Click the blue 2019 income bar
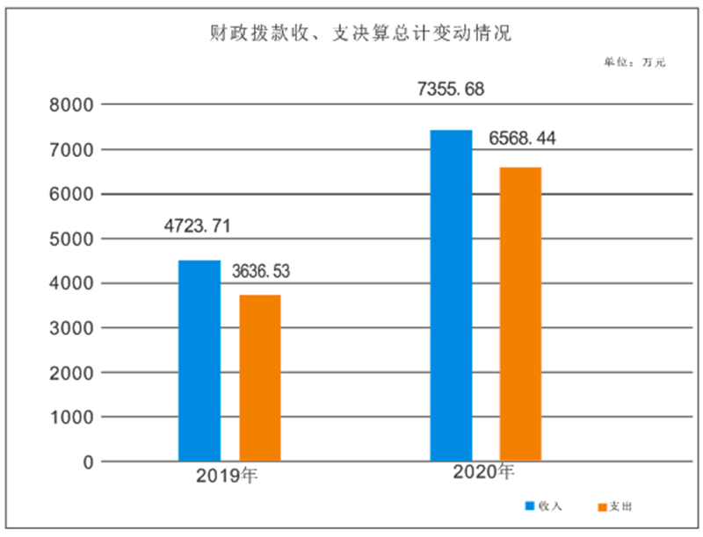pos(199,360)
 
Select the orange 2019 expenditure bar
pos(260,377)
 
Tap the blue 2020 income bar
pos(451,295)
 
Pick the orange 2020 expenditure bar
pos(520,313)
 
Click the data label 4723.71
pos(198,226)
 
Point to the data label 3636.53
pos(260,271)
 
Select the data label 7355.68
pos(451,89)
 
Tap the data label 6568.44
pos(522,139)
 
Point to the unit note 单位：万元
pos(634,62)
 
